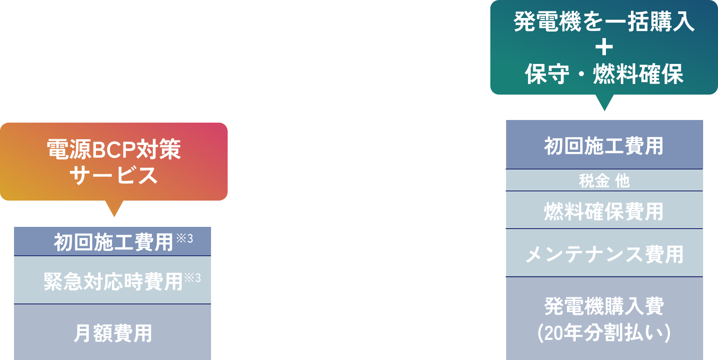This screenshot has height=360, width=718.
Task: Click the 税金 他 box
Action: click(x=604, y=180)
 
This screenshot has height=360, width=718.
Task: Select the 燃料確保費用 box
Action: click(x=604, y=211)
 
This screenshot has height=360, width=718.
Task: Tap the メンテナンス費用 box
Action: click(x=604, y=254)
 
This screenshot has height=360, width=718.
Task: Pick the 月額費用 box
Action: click(x=113, y=333)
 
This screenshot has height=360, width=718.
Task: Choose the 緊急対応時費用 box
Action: click(x=113, y=281)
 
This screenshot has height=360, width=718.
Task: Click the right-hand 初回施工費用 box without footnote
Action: click(x=604, y=145)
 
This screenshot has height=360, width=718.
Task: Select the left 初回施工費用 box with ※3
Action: click(x=113, y=242)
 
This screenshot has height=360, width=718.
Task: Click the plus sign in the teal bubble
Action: click(x=604, y=47)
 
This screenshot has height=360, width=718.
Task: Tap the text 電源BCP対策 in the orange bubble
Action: click(x=114, y=149)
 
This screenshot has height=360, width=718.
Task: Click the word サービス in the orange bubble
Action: click(x=114, y=175)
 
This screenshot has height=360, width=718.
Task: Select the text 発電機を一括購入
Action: click(x=604, y=22)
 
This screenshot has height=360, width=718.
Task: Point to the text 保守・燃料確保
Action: click(x=604, y=74)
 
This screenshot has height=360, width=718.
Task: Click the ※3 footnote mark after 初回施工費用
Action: click(x=184, y=238)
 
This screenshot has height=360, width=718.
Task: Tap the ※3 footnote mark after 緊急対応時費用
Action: click(x=192, y=278)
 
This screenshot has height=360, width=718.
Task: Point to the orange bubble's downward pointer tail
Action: click(x=114, y=208)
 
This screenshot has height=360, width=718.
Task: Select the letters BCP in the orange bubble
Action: click(x=114, y=150)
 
